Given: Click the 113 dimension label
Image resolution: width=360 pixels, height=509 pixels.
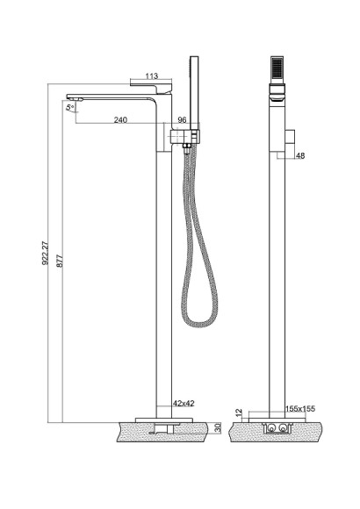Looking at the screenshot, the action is (x=151, y=76).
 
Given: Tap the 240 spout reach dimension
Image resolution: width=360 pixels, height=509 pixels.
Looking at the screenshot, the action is (x=120, y=119).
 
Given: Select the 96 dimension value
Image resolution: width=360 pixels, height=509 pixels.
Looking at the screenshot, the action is (x=183, y=119).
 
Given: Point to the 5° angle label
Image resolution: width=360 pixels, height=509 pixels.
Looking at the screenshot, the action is (x=69, y=107).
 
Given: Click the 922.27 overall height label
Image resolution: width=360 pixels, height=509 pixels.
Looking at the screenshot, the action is (x=46, y=253).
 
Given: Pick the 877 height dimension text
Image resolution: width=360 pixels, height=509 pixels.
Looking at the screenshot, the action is (x=60, y=261).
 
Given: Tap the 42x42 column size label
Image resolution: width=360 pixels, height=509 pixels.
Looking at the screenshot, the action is (x=184, y=403).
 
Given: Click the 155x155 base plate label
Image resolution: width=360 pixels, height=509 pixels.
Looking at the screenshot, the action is (x=300, y=408).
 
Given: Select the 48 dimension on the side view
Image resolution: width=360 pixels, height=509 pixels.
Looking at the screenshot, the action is (x=300, y=156).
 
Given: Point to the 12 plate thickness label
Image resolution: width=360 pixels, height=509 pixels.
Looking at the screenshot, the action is (x=240, y=413).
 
